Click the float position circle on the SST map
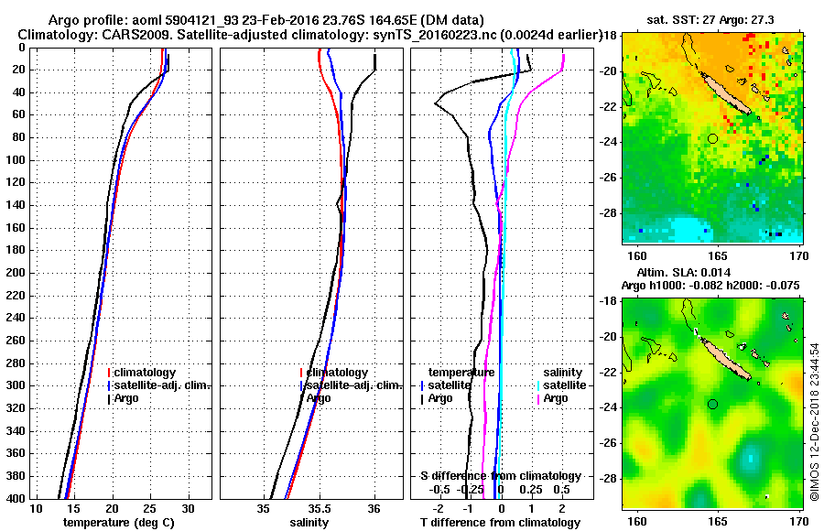pos(712,138)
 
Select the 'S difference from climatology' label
pos(500,476)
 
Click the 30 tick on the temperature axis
pos(188,509)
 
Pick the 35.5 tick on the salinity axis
pos(319,509)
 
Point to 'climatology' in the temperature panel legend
pos(146,373)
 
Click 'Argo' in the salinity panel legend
pos(319,398)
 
